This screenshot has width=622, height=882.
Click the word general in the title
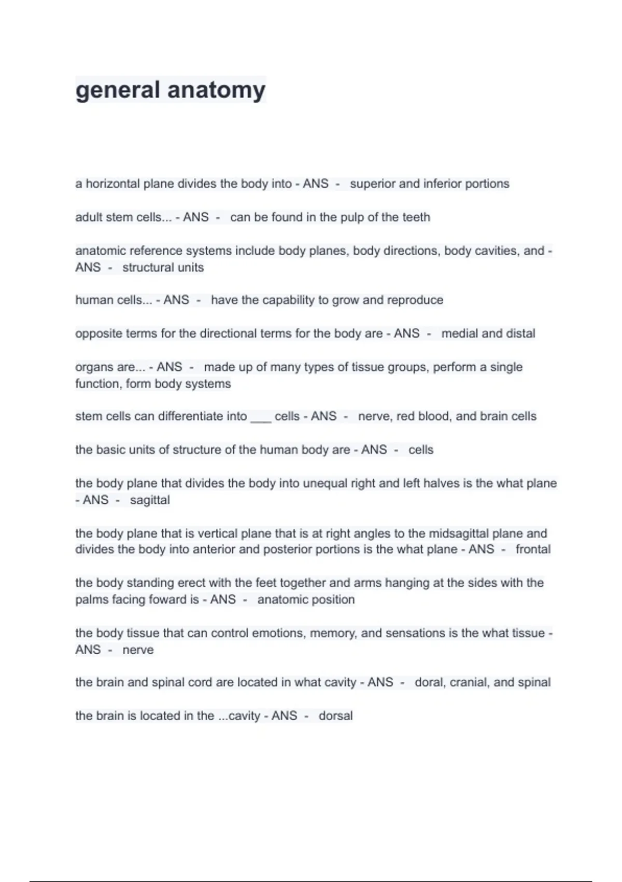coord(118,90)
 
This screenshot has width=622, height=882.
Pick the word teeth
coord(416,217)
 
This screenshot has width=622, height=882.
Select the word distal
coord(520,334)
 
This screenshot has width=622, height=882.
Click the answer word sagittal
coord(150,500)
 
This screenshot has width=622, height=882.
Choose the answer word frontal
coord(533,549)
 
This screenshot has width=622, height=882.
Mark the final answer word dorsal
coord(335,716)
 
